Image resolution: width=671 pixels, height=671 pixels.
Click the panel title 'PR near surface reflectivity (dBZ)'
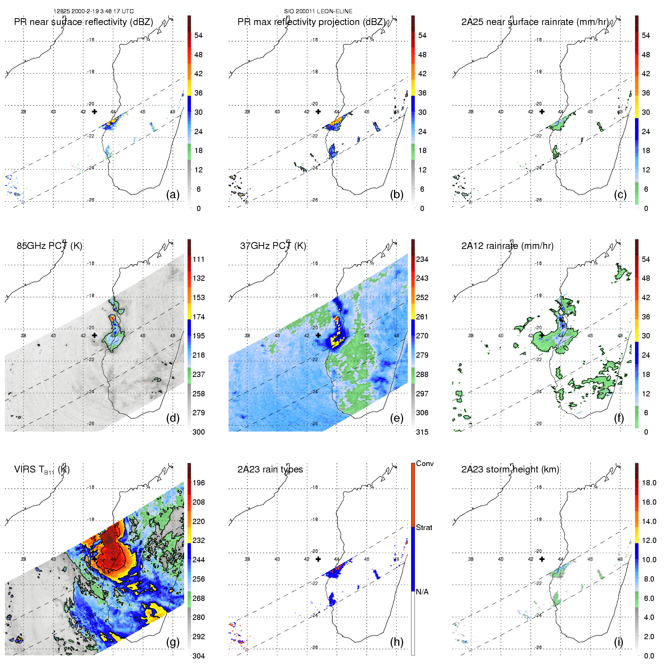click(x=83, y=22)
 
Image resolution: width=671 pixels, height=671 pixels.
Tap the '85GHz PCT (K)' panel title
click(x=49, y=246)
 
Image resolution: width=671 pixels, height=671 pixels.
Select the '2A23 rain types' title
click(x=270, y=469)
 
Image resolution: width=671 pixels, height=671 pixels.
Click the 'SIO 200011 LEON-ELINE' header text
click(x=318, y=11)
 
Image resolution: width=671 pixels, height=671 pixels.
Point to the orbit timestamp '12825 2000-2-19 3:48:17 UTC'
click(x=93, y=11)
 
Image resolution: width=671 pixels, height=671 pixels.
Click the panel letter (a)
click(x=173, y=194)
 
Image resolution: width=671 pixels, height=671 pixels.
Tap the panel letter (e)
click(x=396, y=418)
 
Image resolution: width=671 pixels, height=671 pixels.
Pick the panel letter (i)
click(x=618, y=642)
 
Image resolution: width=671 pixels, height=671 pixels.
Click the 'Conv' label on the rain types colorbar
click(x=424, y=463)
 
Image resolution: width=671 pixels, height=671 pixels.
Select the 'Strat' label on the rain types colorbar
click(x=424, y=527)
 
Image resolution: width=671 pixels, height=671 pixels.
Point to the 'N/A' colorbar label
click(x=422, y=592)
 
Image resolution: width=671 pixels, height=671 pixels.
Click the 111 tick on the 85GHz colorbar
click(x=199, y=259)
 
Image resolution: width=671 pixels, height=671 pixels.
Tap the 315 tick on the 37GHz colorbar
click(x=422, y=432)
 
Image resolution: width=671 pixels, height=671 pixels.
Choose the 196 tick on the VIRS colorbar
click(x=199, y=483)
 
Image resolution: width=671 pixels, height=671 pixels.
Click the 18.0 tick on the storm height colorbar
click(x=649, y=483)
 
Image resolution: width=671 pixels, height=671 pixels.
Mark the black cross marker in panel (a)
click(x=94, y=111)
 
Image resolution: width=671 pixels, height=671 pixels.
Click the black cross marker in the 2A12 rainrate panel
click(x=542, y=335)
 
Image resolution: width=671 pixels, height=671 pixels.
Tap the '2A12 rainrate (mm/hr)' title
click(x=507, y=246)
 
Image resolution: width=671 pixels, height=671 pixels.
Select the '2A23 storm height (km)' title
click(x=510, y=469)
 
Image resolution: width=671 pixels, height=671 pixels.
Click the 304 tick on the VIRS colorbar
click(x=199, y=656)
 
